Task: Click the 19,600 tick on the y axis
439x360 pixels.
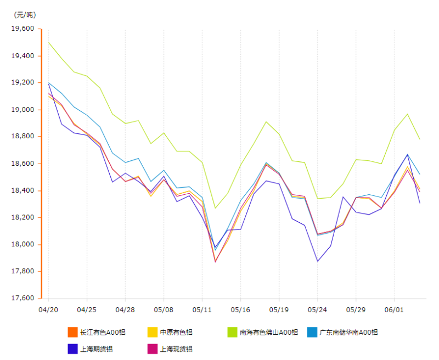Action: (x=22, y=29)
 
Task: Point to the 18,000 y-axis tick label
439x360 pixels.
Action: (x=22, y=245)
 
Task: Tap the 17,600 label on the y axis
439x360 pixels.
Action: (x=22, y=299)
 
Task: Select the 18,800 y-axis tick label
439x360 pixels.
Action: (x=22, y=137)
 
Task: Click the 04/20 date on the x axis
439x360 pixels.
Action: (x=48, y=310)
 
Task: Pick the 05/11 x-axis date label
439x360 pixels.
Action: (x=202, y=310)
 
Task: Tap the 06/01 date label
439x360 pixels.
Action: (x=394, y=310)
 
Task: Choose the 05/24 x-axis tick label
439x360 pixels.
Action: (x=317, y=310)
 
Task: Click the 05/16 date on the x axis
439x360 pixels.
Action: (x=240, y=310)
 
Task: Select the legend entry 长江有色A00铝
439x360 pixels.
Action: (x=103, y=332)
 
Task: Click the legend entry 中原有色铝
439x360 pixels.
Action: (x=176, y=332)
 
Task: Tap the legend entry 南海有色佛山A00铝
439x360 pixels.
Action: (x=268, y=332)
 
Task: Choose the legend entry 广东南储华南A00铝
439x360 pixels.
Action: (x=348, y=332)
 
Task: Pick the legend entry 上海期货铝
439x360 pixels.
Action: (x=96, y=348)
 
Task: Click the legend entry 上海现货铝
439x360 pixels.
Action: (x=176, y=348)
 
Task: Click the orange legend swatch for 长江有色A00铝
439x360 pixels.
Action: (x=72, y=332)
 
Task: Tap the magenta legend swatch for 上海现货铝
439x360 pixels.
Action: (x=152, y=348)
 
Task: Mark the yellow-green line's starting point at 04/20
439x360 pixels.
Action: (x=48, y=42)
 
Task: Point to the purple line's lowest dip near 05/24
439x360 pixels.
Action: (x=317, y=261)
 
